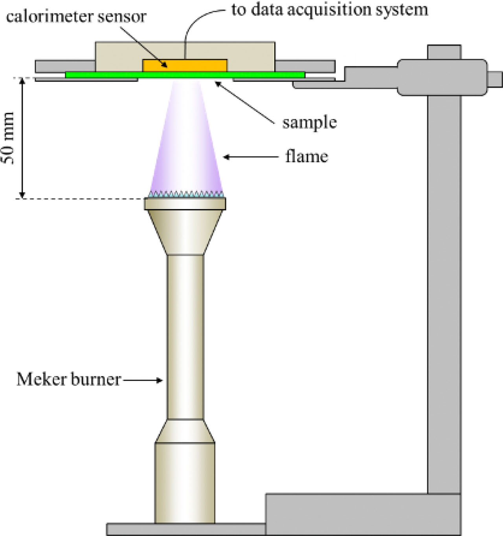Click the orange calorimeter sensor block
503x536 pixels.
(185, 66)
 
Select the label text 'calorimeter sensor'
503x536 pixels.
(76, 16)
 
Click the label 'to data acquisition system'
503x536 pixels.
(329, 9)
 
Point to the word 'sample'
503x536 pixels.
(309, 122)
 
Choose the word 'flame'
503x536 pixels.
(307, 157)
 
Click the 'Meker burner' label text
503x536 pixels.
(69, 379)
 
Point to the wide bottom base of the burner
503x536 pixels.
(185, 483)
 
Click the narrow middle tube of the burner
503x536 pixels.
(185, 337)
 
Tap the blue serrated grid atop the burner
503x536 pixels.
(185, 194)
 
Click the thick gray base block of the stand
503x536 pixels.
(362, 514)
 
